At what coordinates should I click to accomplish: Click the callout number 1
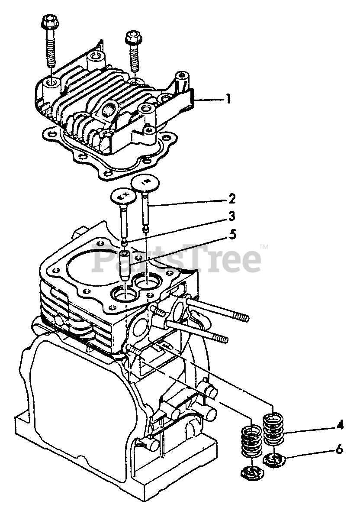pos(228,99)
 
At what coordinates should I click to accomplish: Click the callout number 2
pos(232,198)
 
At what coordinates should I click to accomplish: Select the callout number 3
pos(232,216)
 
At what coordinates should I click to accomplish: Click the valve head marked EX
pos(123,197)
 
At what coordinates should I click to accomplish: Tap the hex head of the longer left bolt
pos(49,21)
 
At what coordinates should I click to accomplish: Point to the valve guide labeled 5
pos(126,264)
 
